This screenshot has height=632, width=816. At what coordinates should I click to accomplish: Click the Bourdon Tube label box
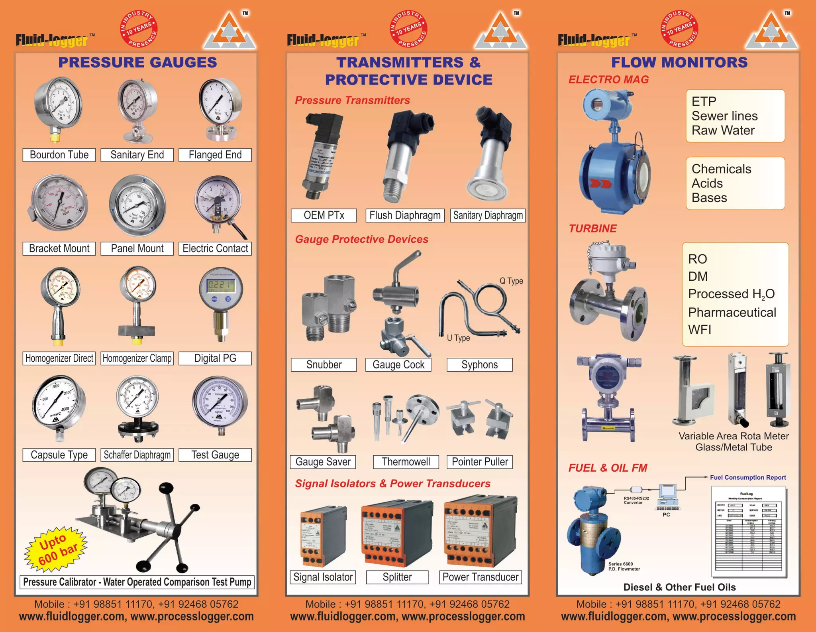59,155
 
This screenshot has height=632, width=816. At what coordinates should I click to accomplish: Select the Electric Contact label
215,248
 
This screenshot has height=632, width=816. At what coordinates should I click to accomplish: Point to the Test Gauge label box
215,455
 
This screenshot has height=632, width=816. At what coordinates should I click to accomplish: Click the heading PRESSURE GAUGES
137,62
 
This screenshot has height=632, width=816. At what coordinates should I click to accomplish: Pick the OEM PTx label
324,215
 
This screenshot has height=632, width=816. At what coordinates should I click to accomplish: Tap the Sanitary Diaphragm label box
488,215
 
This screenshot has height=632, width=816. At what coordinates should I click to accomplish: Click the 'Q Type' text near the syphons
511,281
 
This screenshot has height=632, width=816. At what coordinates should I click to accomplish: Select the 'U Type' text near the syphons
458,338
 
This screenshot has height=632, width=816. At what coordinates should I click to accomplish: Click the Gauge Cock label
398,364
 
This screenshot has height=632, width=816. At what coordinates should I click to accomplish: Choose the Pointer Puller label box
480,462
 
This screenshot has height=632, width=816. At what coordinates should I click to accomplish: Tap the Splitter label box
397,577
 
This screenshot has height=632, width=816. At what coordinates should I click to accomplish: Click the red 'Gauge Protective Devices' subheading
361,239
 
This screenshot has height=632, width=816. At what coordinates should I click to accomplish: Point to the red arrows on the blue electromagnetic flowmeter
600,184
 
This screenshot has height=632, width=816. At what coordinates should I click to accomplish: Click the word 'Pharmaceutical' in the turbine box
732,312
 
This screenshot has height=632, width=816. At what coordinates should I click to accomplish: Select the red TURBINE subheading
592,228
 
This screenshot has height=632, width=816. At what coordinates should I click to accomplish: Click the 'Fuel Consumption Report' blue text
748,477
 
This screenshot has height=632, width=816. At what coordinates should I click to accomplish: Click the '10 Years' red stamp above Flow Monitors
680,29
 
